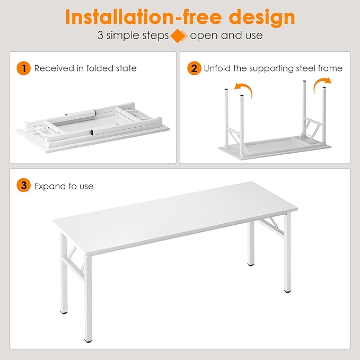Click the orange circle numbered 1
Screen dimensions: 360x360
point(23,68)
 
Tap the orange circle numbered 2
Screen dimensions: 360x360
point(195,68)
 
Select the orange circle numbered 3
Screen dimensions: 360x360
point(23,186)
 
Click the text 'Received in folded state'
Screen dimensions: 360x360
point(85,68)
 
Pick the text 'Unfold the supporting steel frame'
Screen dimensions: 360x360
point(274,68)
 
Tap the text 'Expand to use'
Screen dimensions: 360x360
point(64,186)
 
